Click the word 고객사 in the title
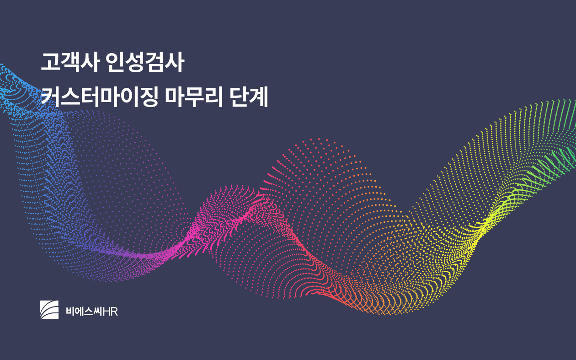[70, 62]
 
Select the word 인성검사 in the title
[145, 62]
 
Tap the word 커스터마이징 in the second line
[100, 97]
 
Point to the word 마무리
[194, 97]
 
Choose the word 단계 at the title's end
[248, 97]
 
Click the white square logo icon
[49, 310]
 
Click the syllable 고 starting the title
[50, 62]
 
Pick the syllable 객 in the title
[70, 62]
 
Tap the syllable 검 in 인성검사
[155, 62]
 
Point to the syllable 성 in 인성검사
[135, 62]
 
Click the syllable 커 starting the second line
[50, 97]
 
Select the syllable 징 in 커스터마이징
[149, 97]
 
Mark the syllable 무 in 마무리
[194, 97]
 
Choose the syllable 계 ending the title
[258, 97]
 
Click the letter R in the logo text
[114, 312]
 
